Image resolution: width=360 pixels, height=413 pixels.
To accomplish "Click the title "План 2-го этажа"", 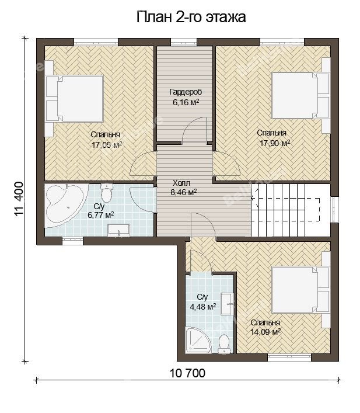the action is coord(191,18).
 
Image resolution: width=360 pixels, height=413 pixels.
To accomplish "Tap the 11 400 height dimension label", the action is coord(20,199).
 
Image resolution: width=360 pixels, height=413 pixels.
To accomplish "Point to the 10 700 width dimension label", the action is coord(188,373).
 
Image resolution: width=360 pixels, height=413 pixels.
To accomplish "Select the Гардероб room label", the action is coord(186,92).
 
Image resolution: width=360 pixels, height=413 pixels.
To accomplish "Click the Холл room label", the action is coord(181,183).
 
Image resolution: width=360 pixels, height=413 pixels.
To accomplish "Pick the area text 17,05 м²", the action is coord(107,145).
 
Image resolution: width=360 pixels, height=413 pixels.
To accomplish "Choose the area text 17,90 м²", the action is coord(275,143).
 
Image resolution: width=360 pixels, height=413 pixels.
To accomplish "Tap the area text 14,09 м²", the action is coord(265,332).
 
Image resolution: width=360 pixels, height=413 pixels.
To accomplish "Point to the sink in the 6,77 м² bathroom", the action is coord(119,231).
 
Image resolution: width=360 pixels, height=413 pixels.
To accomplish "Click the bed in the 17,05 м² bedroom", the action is coord(75,99).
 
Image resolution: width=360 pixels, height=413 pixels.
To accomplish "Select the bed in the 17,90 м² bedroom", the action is coord(300,95).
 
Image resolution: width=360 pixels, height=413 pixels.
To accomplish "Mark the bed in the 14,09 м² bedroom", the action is coord(300,290).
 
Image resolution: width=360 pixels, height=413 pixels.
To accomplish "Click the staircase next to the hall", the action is coord(291,210).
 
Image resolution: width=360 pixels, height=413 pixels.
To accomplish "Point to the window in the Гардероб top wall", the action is coord(184,42).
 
